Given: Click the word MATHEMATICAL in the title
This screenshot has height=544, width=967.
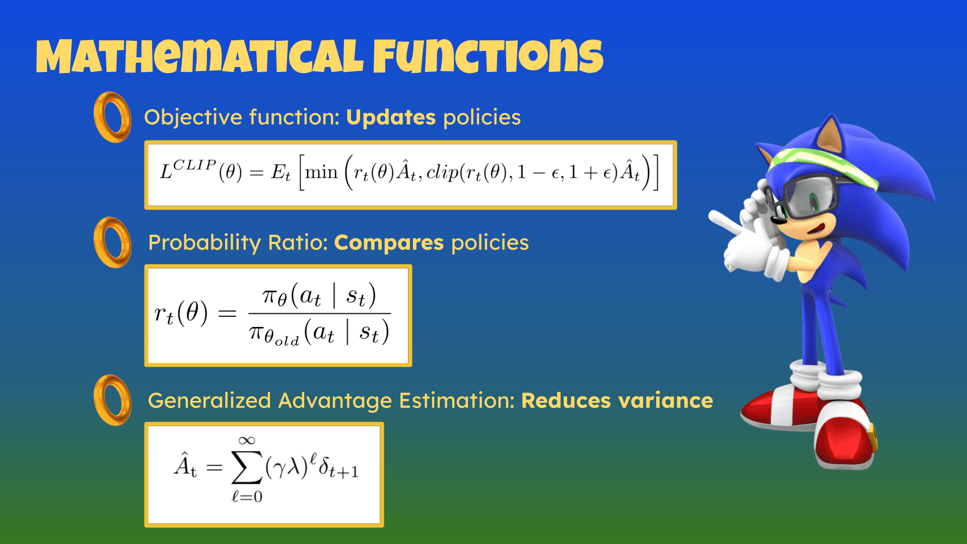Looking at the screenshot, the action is (199, 56).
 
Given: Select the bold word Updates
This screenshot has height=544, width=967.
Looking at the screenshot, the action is (391, 118).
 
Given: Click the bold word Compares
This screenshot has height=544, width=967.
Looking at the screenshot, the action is (389, 243).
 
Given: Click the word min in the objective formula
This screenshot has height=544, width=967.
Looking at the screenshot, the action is (321, 172).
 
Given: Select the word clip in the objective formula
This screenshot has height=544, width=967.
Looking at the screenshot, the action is (443, 173).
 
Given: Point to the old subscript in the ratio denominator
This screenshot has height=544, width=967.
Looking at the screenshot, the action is (287, 342).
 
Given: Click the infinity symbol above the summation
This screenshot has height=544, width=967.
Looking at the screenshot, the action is (247, 441).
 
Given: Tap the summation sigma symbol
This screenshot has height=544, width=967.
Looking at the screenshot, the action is (247, 467).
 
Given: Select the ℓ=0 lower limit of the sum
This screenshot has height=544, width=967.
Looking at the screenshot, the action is (247, 497).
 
